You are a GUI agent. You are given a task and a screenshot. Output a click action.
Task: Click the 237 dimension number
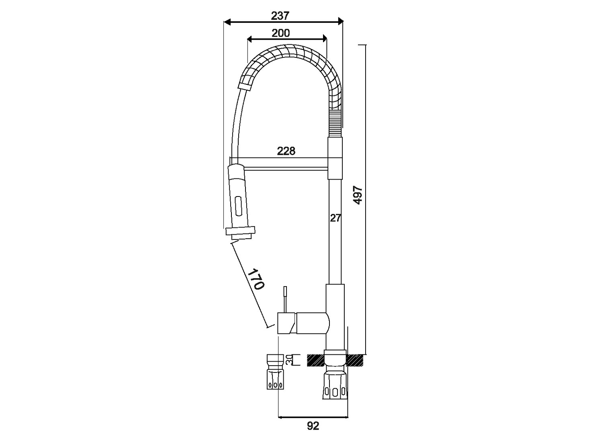pos(280,16)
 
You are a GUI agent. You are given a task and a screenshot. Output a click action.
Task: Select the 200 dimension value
pos(281,33)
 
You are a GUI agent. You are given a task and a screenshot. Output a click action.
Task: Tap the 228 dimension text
pos(286,151)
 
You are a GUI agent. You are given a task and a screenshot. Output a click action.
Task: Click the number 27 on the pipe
pos(335,218)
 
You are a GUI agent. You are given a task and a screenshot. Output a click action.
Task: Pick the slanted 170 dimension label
pos(256,279)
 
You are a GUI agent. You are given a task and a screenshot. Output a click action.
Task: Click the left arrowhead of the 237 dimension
pos(227,22)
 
